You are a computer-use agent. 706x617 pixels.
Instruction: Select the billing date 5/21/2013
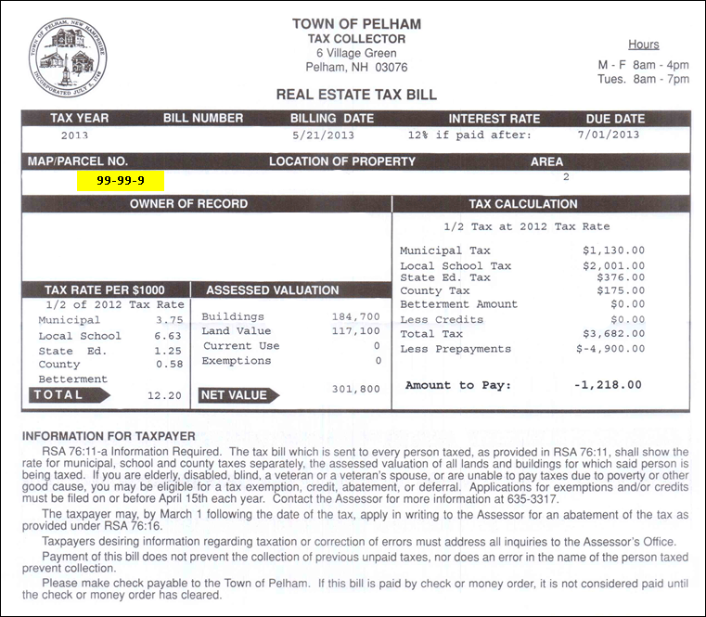click(x=323, y=135)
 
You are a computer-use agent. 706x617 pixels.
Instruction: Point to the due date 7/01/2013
click(x=609, y=135)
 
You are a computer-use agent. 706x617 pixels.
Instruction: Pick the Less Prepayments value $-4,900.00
click(x=610, y=349)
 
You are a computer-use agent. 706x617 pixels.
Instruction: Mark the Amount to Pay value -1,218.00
click(x=609, y=385)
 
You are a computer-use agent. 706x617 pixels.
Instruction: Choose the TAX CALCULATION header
click(x=523, y=204)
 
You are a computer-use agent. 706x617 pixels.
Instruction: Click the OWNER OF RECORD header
click(x=188, y=204)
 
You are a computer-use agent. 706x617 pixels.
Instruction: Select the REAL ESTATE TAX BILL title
click(x=356, y=95)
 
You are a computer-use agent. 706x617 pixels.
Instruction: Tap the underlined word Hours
click(x=643, y=44)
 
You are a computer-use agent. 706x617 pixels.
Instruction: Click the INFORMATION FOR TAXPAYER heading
click(x=108, y=436)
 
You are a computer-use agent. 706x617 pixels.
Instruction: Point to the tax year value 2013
click(x=74, y=135)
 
